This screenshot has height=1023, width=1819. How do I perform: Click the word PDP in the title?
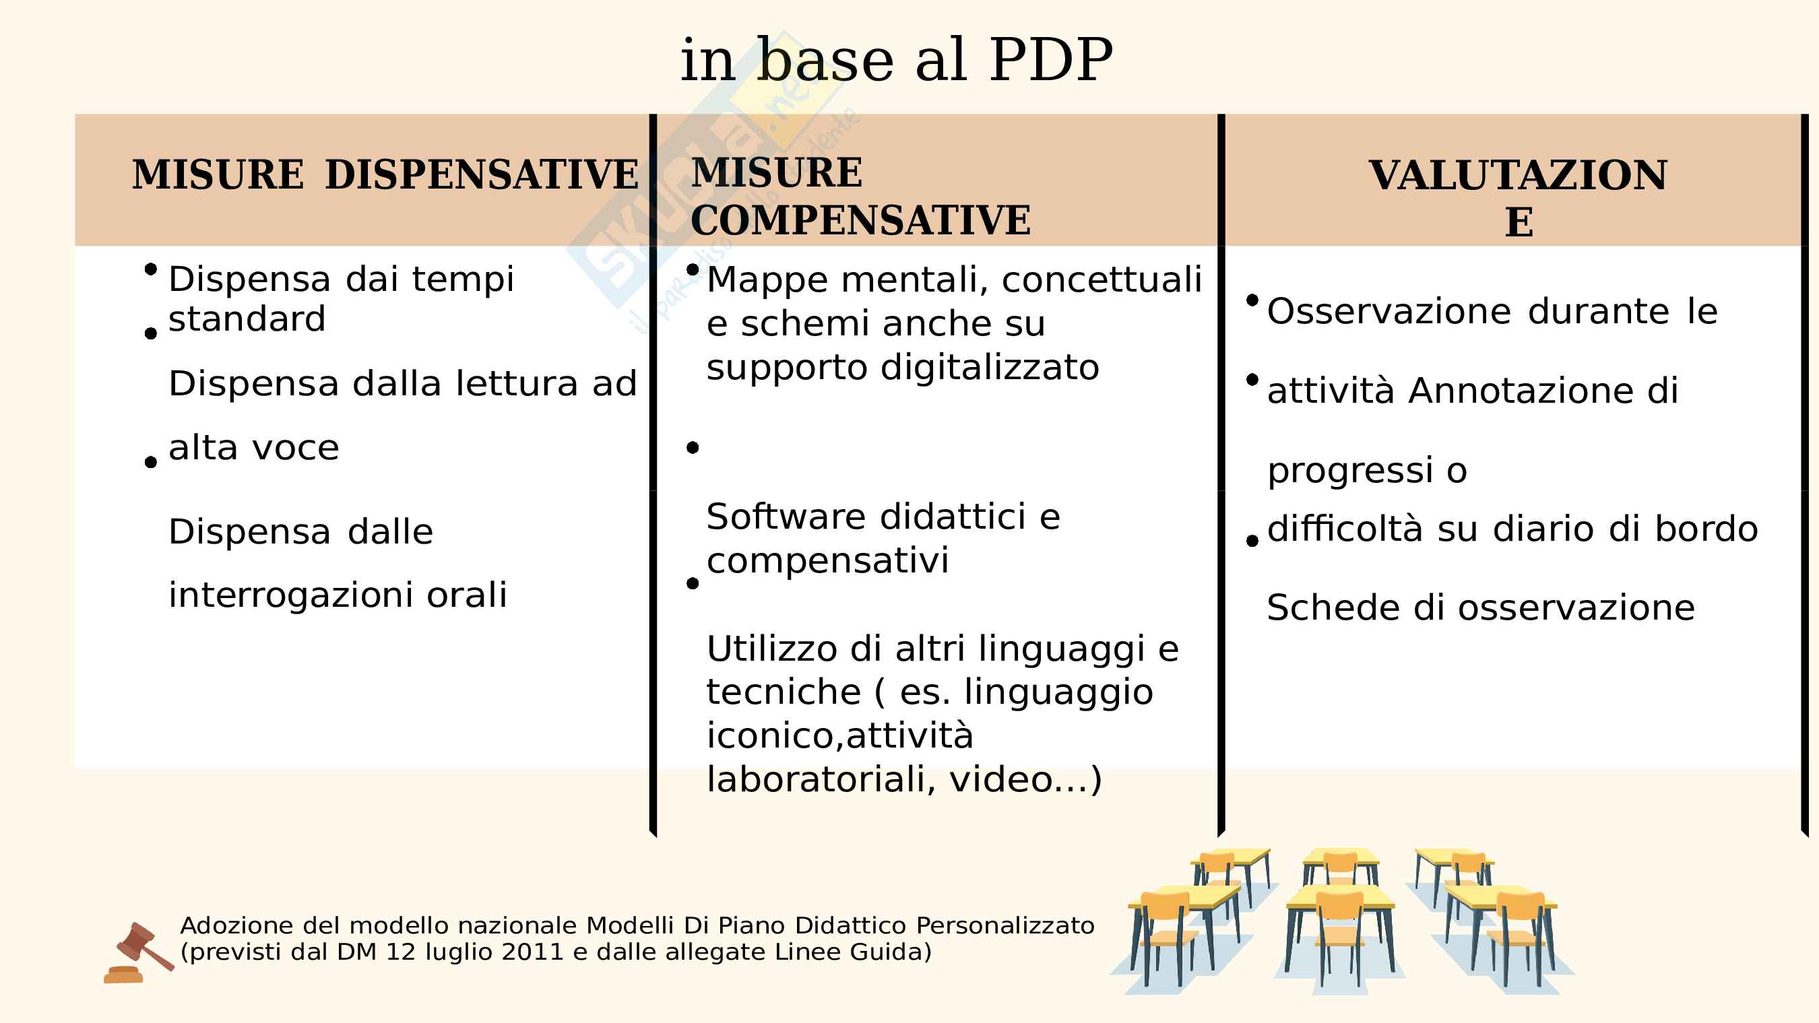[1051, 60]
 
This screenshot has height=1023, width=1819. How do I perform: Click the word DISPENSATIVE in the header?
[482, 175]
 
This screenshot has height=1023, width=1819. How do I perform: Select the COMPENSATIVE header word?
[861, 220]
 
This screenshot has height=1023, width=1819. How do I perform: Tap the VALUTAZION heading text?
[1517, 176]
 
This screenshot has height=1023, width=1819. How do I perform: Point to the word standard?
[247, 319]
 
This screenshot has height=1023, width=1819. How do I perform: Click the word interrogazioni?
[291, 595]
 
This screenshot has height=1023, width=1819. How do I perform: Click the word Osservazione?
[1389, 311]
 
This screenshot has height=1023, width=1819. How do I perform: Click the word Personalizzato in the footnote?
[1006, 925]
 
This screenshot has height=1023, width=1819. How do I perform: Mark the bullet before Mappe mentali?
[693, 269]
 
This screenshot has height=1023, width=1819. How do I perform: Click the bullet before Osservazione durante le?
[1252, 300]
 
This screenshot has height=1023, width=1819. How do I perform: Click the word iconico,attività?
[840, 735]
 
